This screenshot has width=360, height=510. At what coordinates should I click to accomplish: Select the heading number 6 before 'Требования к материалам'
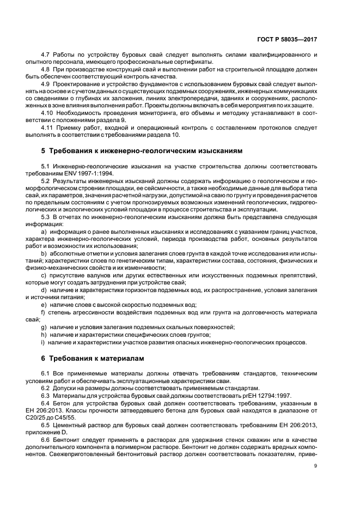click(44, 359)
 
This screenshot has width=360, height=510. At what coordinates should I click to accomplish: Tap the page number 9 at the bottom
click(315, 466)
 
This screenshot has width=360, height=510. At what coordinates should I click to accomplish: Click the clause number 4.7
click(46, 56)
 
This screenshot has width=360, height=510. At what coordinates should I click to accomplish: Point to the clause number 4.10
click(47, 112)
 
